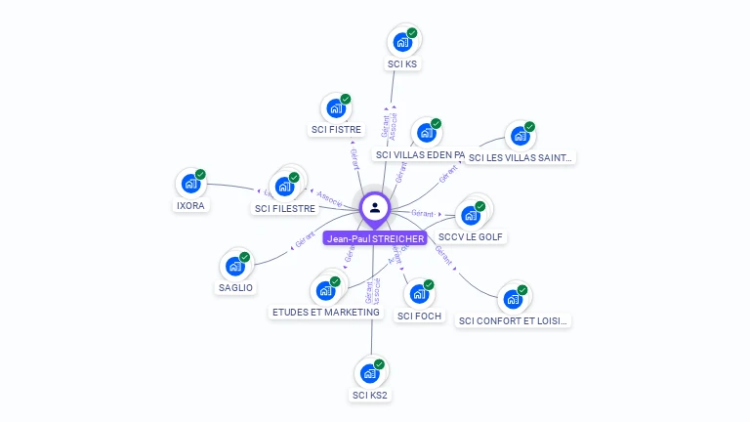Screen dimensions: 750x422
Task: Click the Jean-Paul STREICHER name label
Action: coord(376,238)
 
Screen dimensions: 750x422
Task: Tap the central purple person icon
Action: coord(375,207)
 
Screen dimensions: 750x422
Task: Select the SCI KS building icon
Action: coord(401,42)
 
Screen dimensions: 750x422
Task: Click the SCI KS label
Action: coord(402,63)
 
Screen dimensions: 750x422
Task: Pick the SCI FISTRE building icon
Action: coord(336,107)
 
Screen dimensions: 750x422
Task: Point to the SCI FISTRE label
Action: coord(336,129)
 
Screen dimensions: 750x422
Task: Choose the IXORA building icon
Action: coord(190,184)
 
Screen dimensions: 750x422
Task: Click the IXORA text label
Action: coord(190,206)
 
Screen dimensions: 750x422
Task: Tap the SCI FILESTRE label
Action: coord(285,208)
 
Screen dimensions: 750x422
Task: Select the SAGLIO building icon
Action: coord(235,266)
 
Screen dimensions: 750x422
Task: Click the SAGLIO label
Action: coord(235,288)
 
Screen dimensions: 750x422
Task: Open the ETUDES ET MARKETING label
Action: coord(325,313)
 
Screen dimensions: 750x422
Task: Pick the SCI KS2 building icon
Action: coord(369,373)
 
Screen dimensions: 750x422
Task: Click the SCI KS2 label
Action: coord(370,396)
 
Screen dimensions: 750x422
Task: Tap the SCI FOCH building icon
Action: coord(419,293)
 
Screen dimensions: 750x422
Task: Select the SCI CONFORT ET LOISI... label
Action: coord(513,320)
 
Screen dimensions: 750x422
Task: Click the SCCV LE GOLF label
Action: coord(472,237)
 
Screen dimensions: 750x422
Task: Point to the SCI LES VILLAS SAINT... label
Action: coord(521,157)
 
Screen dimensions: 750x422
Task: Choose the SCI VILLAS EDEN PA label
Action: coord(419,154)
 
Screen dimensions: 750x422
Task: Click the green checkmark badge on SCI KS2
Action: coord(379,364)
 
